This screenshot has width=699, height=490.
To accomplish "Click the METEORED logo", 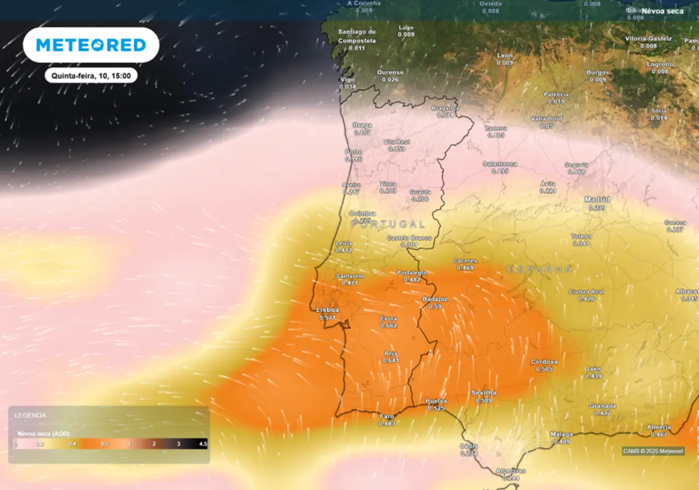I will (91, 45).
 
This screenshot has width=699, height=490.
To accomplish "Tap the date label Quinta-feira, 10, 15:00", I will (91, 76).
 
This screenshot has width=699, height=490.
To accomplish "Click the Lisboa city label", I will (327, 310).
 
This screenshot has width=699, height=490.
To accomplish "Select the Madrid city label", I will (597, 200).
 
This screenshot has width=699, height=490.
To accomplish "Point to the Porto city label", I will (354, 152).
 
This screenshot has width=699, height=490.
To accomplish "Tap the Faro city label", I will (387, 416).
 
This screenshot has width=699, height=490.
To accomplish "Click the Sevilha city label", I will (483, 393).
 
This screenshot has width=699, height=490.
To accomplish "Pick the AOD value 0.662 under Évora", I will (389, 325).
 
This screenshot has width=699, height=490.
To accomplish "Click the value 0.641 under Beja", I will (390, 360).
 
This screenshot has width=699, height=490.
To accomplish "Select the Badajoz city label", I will (435, 299).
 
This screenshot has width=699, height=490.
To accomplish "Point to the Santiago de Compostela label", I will (356, 36).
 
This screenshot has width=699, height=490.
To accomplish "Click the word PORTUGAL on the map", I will (388, 224).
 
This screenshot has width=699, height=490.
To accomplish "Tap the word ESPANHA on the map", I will (540, 269).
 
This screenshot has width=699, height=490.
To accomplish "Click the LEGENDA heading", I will (31, 416).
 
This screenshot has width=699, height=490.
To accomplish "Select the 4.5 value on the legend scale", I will (203, 444).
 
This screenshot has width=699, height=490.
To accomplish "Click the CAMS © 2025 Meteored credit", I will (652, 451).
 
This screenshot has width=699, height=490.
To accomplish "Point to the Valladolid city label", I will (546, 119).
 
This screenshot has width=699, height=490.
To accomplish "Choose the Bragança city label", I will (445, 108).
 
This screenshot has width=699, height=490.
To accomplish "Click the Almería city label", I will (659, 428).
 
